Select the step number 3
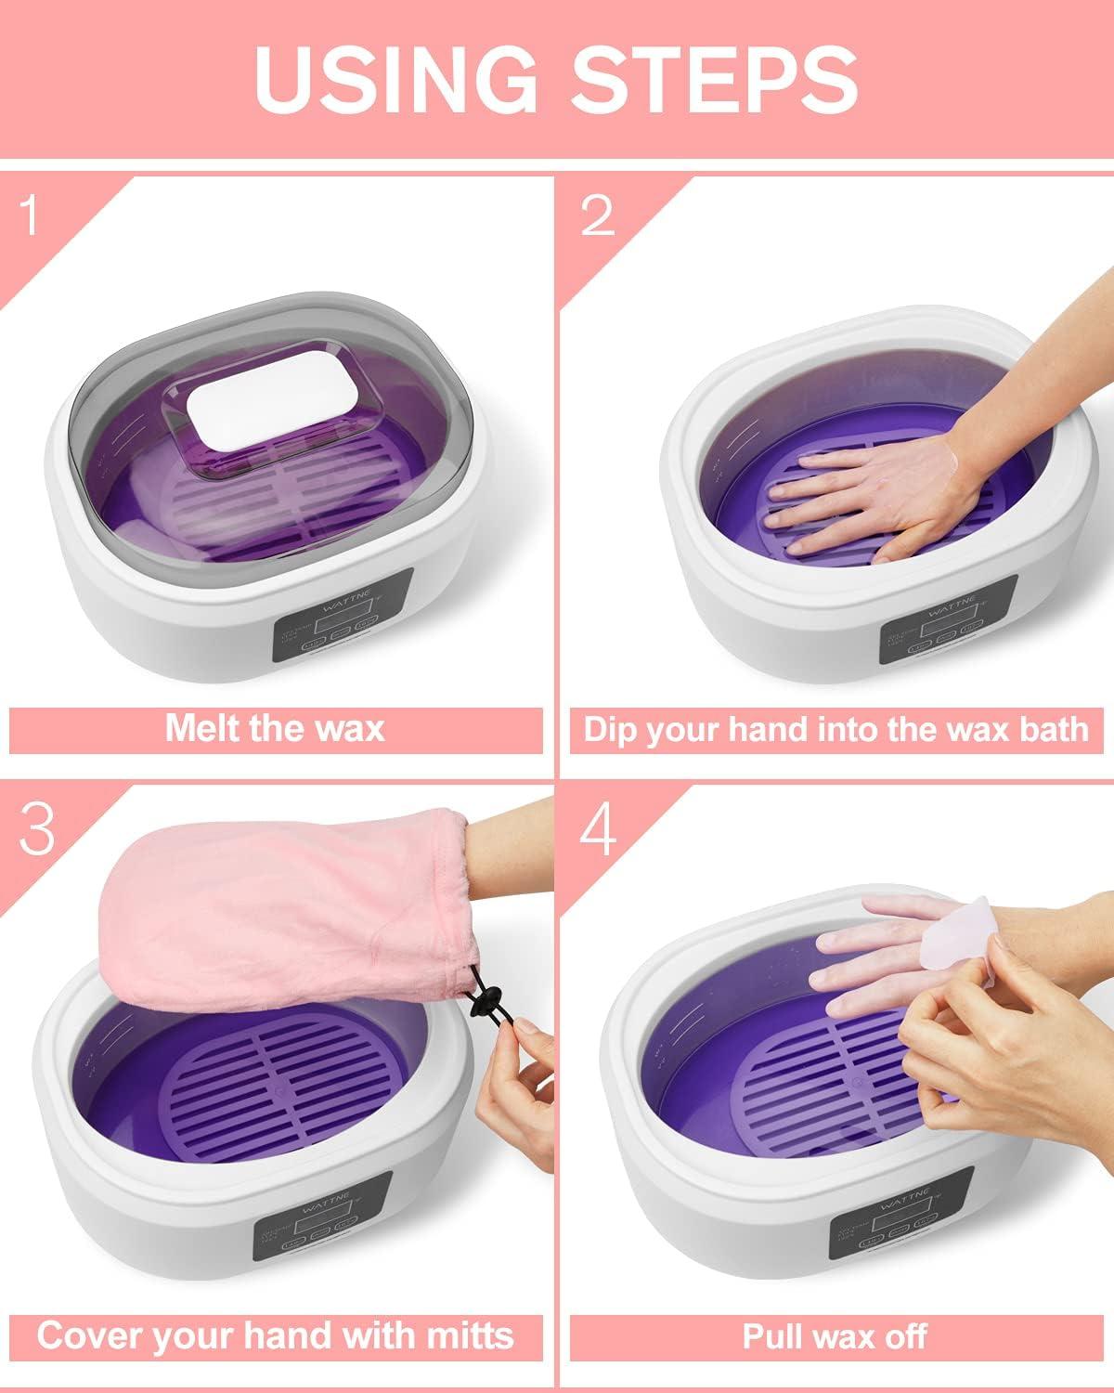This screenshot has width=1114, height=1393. tap(37, 829)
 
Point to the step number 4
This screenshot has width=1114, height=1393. tap(598, 829)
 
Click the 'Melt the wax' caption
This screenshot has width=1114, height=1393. tap(275, 728)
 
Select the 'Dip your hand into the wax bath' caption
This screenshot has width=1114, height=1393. tap(835, 728)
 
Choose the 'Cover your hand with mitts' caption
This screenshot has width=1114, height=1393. tap(275, 1336)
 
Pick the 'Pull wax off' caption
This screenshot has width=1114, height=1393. tap(835, 1336)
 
